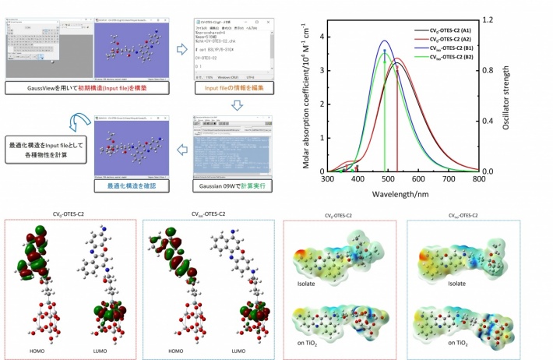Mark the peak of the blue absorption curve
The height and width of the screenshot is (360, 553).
384,41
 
